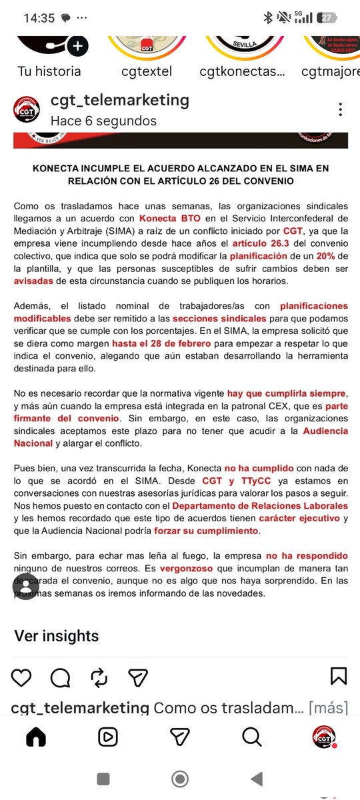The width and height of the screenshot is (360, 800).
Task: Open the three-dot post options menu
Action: click(x=341, y=109)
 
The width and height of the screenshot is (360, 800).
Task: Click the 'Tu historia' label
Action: click(x=49, y=71)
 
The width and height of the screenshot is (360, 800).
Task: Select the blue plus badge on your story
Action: click(x=78, y=46)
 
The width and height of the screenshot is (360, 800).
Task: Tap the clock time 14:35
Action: click(x=39, y=18)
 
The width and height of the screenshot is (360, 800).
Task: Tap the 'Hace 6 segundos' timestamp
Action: click(x=103, y=121)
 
